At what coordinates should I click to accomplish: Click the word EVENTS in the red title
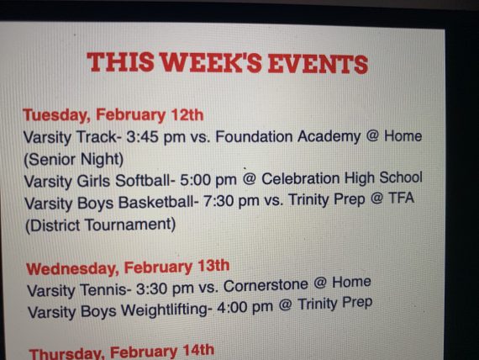(318, 64)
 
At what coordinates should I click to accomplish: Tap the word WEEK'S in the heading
(211, 63)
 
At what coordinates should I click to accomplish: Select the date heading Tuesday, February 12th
(113, 115)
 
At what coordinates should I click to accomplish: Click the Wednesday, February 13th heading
(128, 267)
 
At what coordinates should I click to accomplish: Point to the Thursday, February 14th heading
(122, 352)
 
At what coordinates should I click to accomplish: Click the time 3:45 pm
(155, 137)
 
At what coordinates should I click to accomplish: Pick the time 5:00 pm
(208, 179)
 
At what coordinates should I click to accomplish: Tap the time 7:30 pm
(230, 201)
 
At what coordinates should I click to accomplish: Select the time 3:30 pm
(165, 289)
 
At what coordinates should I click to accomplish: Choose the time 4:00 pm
(245, 307)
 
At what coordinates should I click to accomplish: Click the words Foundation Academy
(288, 136)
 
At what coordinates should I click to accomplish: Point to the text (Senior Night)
(74, 160)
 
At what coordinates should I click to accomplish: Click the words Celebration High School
(342, 178)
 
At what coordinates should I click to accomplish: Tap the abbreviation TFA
(401, 199)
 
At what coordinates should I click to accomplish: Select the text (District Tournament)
(100, 225)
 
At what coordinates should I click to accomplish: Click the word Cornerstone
(266, 285)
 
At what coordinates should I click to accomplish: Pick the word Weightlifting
(166, 310)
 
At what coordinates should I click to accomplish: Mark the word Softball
(143, 181)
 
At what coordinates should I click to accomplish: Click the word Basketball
(156, 203)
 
